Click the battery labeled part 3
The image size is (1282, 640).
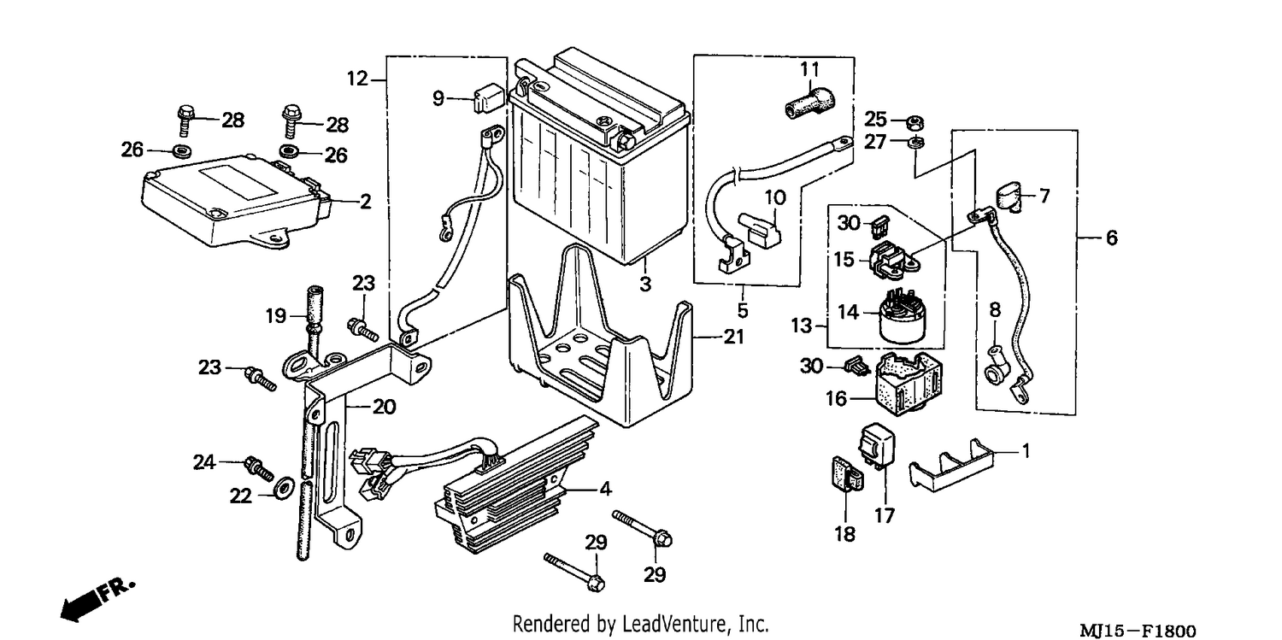pyautogui.click(x=601, y=160)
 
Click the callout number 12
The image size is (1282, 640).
pyautogui.click(x=358, y=79)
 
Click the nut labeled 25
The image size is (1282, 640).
pyautogui.click(x=915, y=122)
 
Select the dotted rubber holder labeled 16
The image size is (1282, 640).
pyautogui.click(x=906, y=383)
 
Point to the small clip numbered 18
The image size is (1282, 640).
pyautogui.click(x=846, y=473)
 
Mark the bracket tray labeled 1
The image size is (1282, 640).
pyautogui.click(x=950, y=467)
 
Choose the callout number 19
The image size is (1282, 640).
pyautogui.click(x=276, y=315)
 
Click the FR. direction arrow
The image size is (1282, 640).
pyautogui.click(x=97, y=601)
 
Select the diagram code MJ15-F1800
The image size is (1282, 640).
pyautogui.click(x=1138, y=631)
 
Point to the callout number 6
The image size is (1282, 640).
pyautogui.click(x=1111, y=238)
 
